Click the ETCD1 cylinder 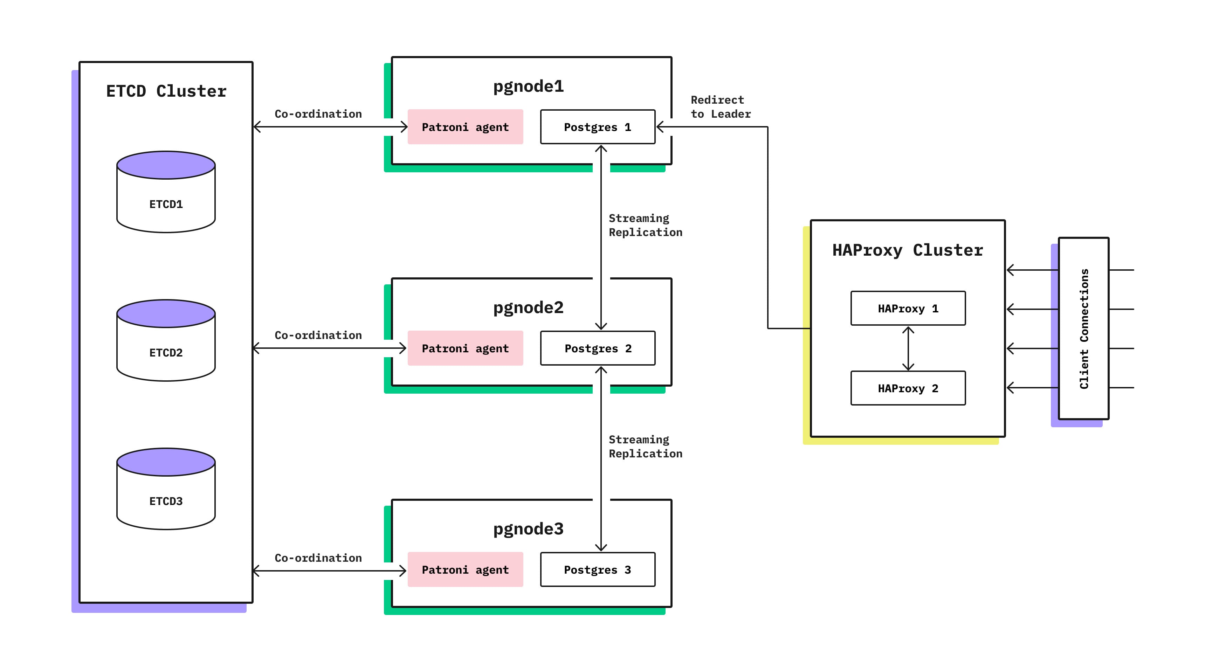point(166,192)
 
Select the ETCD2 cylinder point(166,341)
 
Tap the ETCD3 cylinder point(166,489)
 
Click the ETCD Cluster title point(166,91)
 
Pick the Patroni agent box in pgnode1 point(465,127)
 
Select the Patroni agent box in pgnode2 point(465,348)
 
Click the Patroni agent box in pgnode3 point(465,569)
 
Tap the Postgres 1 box point(597,127)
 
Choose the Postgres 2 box point(597,348)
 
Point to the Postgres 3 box point(597,569)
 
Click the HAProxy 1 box point(908,309)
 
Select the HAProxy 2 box point(908,388)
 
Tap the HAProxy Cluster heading point(908,250)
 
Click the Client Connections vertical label point(1084,329)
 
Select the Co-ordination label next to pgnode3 point(318,558)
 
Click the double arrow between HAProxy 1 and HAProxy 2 point(908,348)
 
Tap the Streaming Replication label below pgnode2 point(645,447)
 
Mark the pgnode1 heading point(528,87)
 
